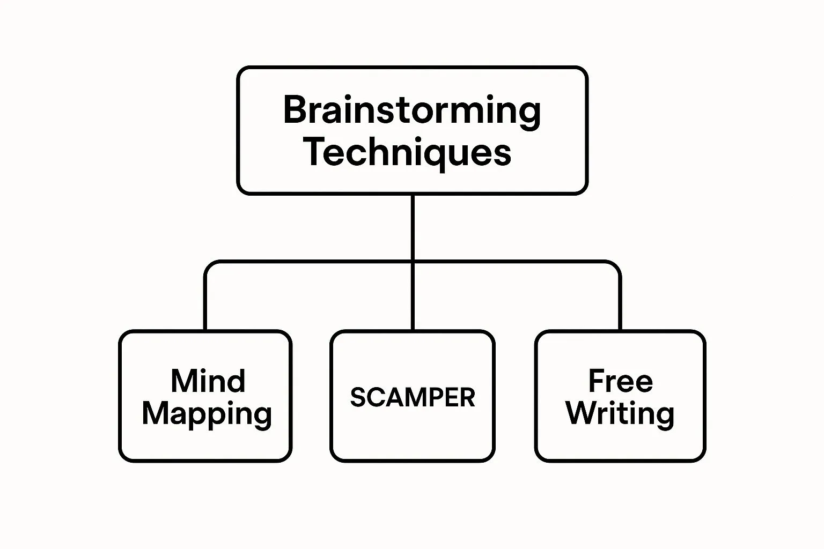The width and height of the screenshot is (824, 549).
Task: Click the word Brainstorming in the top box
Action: (411, 110)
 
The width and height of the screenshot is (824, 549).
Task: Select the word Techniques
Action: (408, 152)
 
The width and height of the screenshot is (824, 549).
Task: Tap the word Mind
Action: (208, 381)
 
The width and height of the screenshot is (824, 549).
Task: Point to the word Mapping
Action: (207, 414)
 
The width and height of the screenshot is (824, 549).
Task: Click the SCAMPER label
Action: (412, 397)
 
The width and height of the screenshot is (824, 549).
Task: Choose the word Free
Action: (620, 381)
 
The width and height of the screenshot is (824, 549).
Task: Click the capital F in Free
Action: (597, 381)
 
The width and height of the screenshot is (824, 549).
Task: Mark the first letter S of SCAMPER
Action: (358, 397)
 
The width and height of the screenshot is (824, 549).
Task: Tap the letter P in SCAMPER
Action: (433, 397)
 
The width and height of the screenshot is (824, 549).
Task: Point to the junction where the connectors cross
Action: (412, 262)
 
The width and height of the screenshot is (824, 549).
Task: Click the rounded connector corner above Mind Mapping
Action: (209, 266)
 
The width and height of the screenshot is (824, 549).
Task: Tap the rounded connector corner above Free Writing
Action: (616, 266)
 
